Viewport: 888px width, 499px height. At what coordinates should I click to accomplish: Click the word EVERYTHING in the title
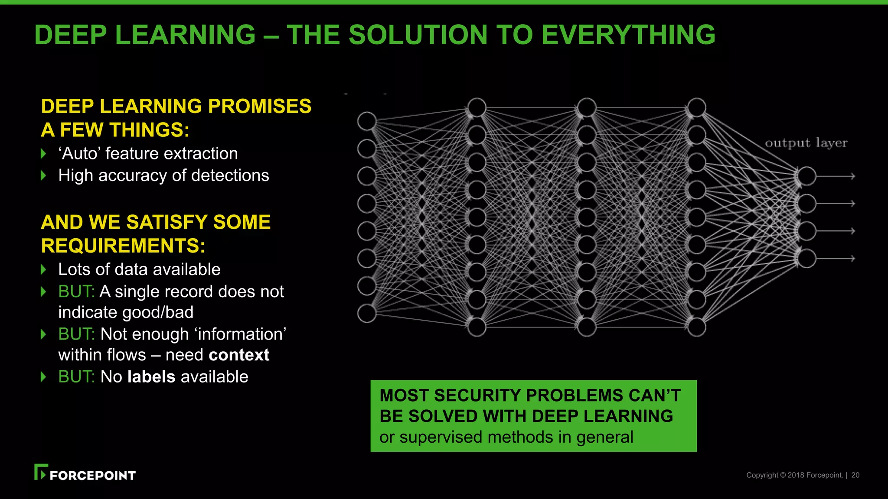[628, 35]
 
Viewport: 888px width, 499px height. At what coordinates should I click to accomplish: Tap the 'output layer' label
[806, 143]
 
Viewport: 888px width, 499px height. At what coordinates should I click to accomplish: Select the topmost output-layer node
[807, 176]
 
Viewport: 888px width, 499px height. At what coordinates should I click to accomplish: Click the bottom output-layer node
[807, 259]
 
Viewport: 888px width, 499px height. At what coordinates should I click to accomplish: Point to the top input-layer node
[367, 121]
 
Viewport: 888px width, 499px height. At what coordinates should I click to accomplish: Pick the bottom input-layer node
[367, 313]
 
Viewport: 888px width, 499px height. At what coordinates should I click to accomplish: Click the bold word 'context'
[239, 355]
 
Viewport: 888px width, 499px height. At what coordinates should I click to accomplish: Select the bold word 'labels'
[151, 377]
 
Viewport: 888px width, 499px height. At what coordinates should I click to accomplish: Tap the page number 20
[855, 475]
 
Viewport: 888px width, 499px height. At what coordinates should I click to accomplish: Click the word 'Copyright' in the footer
[762, 475]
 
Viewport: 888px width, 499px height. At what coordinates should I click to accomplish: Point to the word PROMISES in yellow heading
[259, 107]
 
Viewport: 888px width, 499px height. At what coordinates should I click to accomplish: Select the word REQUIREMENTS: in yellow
[123, 246]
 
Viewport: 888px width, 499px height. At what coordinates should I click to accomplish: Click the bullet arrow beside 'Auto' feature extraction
[43, 153]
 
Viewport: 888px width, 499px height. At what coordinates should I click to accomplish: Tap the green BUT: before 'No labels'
[76, 377]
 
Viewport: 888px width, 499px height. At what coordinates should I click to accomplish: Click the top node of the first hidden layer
[477, 107]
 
